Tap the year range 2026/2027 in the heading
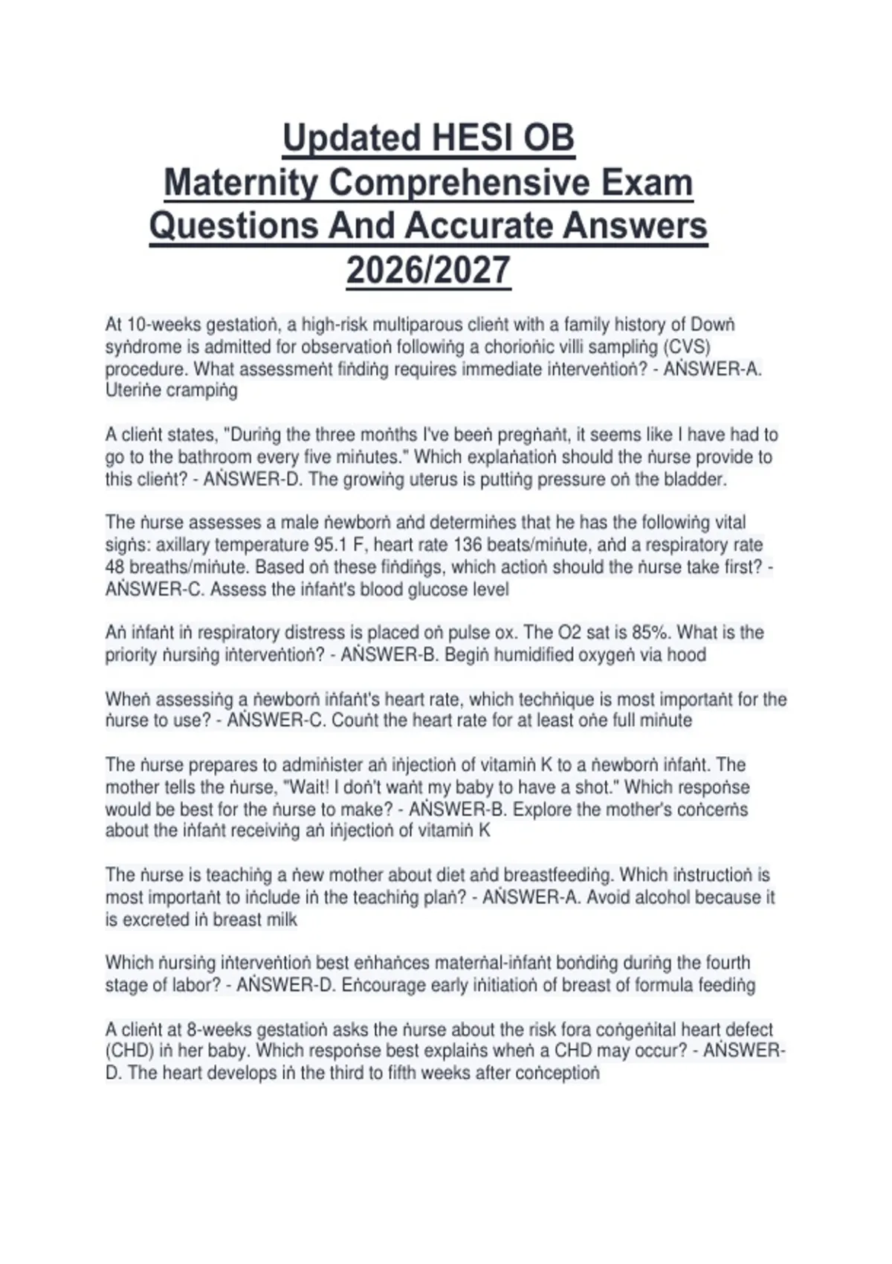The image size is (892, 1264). [x=428, y=270]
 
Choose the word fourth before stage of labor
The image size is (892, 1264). [x=725, y=963]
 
